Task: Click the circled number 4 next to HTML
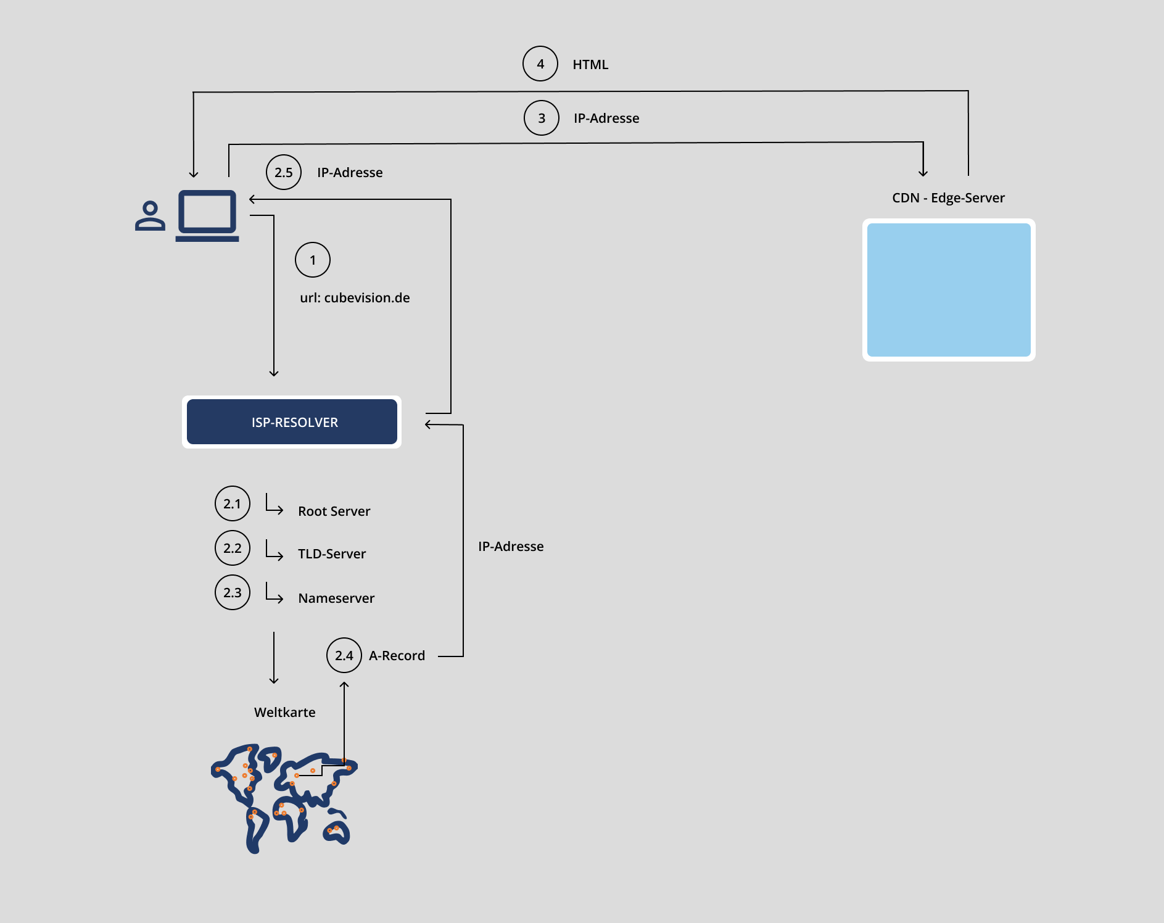(x=540, y=64)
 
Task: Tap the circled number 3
(x=542, y=118)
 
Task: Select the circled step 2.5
(x=284, y=172)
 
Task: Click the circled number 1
(x=313, y=260)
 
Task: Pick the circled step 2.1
(x=233, y=503)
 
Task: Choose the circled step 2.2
(x=233, y=548)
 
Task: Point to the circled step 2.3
(x=233, y=592)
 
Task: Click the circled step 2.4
(x=344, y=655)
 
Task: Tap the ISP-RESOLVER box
(x=292, y=422)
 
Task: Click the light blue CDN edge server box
(x=949, y=290)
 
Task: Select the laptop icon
(x=207, y=215)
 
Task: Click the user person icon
(x=150, y=216)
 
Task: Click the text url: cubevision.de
(x=355, y=298)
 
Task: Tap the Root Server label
(x=334, y=511)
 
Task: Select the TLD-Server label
(x=332, y=554)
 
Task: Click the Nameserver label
(x=336, y=598)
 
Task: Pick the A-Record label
(x=397, y=656)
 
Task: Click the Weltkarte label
(x=284, y=713)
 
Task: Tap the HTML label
(x=590, y=65)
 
